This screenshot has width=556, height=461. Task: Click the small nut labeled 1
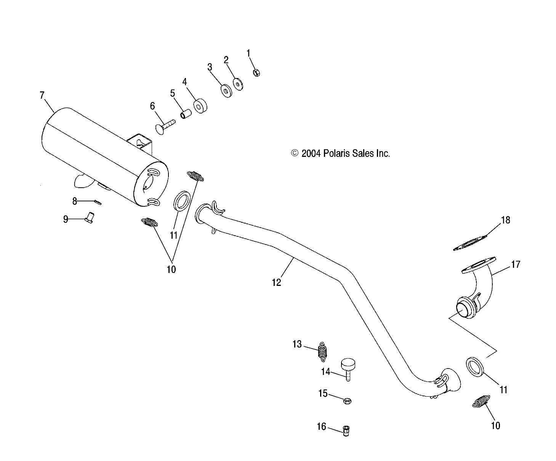pyautogui.click(x=256, y=72)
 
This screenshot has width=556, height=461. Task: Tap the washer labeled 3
pyautogui.click(x=228, y=91)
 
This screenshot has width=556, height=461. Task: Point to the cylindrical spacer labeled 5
pyautogui.click(x=186, y=114)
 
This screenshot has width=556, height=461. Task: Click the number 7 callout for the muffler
pyautogui.click(x=42, y=95)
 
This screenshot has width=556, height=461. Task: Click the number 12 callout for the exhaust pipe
pyautogui.click(x=276, y=282)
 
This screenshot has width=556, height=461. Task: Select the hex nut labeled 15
pyautogui.click(x=347, y=400)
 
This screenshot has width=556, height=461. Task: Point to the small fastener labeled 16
pyautogui.click(x=347, y=431)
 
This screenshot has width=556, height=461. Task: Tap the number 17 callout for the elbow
pyautogui.click(x=515, y=264)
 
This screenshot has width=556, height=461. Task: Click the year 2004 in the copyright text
pyautogui.click(x=311, y=153)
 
